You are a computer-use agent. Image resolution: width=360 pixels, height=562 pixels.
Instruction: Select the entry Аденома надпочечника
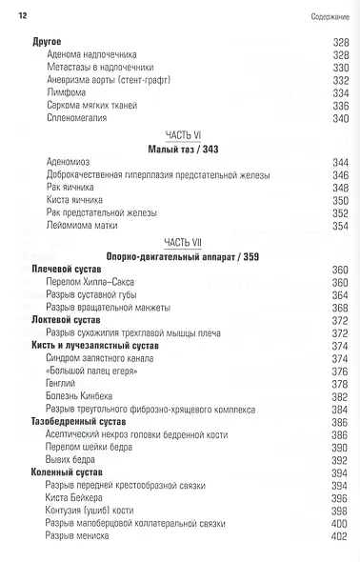[x=91, y=55]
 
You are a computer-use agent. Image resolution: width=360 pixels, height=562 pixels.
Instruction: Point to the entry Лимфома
[x=65, y=93]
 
